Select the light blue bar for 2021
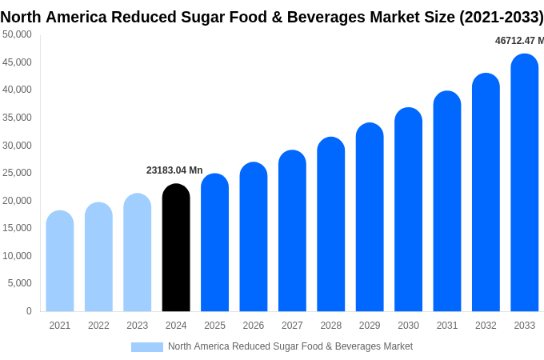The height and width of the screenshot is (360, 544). (x=60, y=262)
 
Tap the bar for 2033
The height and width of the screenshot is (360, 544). (x=524, y=183)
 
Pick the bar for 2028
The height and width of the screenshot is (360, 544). (x=330, y=225)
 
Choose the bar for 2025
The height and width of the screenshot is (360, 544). (x=214, y=243)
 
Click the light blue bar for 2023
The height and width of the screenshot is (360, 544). (x=138, y=253)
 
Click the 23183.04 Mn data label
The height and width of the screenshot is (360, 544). (x=174, y=170)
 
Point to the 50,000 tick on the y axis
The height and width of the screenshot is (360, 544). (x=18, y=34)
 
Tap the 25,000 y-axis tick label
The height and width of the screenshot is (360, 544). (x=18, y=173)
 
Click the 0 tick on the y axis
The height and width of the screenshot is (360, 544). (x=29, y=311)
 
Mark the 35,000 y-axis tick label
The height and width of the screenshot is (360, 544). (x=18, y=118)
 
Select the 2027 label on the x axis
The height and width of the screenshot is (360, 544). (x=292, y=326)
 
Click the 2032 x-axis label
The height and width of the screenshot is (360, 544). (x=486, y=326)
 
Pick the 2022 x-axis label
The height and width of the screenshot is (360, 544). (x=98, y=326)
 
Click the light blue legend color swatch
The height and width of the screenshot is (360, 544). (x=147, y=347)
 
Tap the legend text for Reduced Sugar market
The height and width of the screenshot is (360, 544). (x=290, y=346)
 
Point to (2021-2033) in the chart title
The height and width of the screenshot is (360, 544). (x=501, y=17)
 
